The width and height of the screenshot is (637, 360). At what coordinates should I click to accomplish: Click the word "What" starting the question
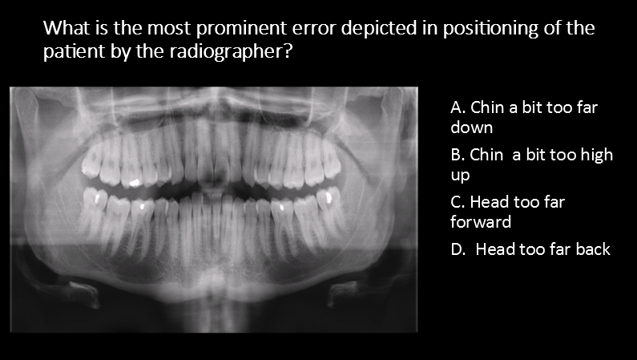64,30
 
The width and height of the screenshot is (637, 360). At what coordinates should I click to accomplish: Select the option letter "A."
458,107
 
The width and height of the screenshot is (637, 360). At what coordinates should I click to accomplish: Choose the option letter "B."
458,155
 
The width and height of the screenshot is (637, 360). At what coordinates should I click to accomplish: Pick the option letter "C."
458,202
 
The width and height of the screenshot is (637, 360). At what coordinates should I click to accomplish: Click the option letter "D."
459,249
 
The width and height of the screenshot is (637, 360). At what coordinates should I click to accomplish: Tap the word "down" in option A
472,127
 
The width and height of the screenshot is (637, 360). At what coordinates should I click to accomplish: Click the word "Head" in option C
490,202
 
